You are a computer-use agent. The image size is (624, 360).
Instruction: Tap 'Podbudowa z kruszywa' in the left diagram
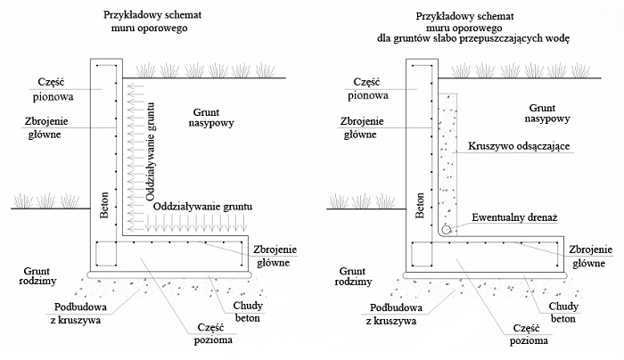point(78,312)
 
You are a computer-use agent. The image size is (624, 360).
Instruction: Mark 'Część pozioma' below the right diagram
point(525,331)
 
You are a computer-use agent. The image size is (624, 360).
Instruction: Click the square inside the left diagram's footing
point(104,254)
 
